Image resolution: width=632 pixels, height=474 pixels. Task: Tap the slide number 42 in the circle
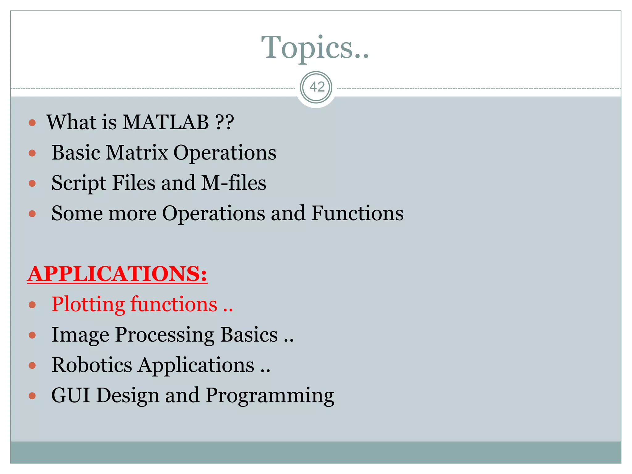point(317,87)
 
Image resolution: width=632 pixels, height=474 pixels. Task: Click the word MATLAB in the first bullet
point(166,122)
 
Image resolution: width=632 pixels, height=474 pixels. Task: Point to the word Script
point(79,183)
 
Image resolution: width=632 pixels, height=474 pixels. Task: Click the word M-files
point(234,183)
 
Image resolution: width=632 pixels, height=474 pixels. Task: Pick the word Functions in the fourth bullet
point(357,213)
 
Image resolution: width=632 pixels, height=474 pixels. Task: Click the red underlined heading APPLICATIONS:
point(117,274)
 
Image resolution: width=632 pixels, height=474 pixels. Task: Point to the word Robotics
point(92,365)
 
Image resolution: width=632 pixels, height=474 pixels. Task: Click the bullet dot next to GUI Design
point(32,396)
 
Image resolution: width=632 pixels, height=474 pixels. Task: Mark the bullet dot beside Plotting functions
point(32,305)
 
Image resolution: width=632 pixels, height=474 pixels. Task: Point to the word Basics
point(249,335)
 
